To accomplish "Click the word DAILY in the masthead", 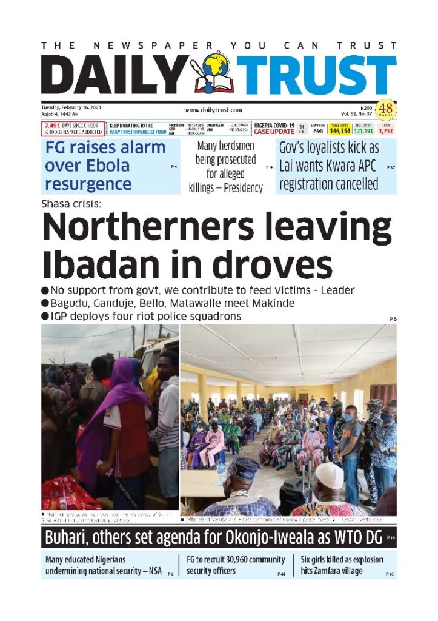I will (115, 76).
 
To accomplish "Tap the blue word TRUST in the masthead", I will (316, 76).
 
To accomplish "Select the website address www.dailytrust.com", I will (213, 110).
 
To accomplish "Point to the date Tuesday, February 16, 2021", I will (71, 107).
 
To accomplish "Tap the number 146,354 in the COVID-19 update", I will (339, 130).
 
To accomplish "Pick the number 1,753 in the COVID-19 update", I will (385, 130).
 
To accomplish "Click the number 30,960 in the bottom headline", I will (229, 559).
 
